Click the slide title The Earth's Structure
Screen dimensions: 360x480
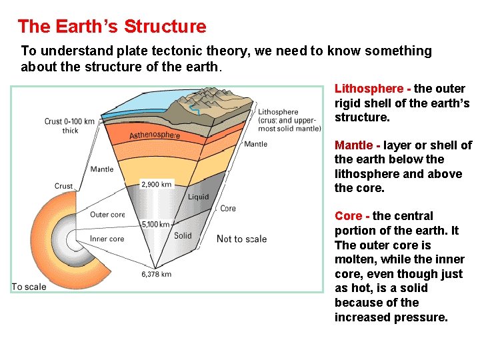coord(112,27)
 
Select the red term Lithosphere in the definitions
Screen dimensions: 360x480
coord(369,89)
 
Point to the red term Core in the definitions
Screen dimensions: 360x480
coord(348,216)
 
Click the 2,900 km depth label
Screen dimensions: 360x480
coord(157,184)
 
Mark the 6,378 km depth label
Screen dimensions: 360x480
coord(157,274)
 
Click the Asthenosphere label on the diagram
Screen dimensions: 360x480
coord(155,135)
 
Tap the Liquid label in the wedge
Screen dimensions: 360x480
coord(198,197)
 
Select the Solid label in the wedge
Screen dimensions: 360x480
coord(183,235)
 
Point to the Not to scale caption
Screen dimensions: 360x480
coord(241,239)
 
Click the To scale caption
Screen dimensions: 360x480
coord(29,287)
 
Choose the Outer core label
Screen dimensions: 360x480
coord(107,215)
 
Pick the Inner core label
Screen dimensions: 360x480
coord(107,239)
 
